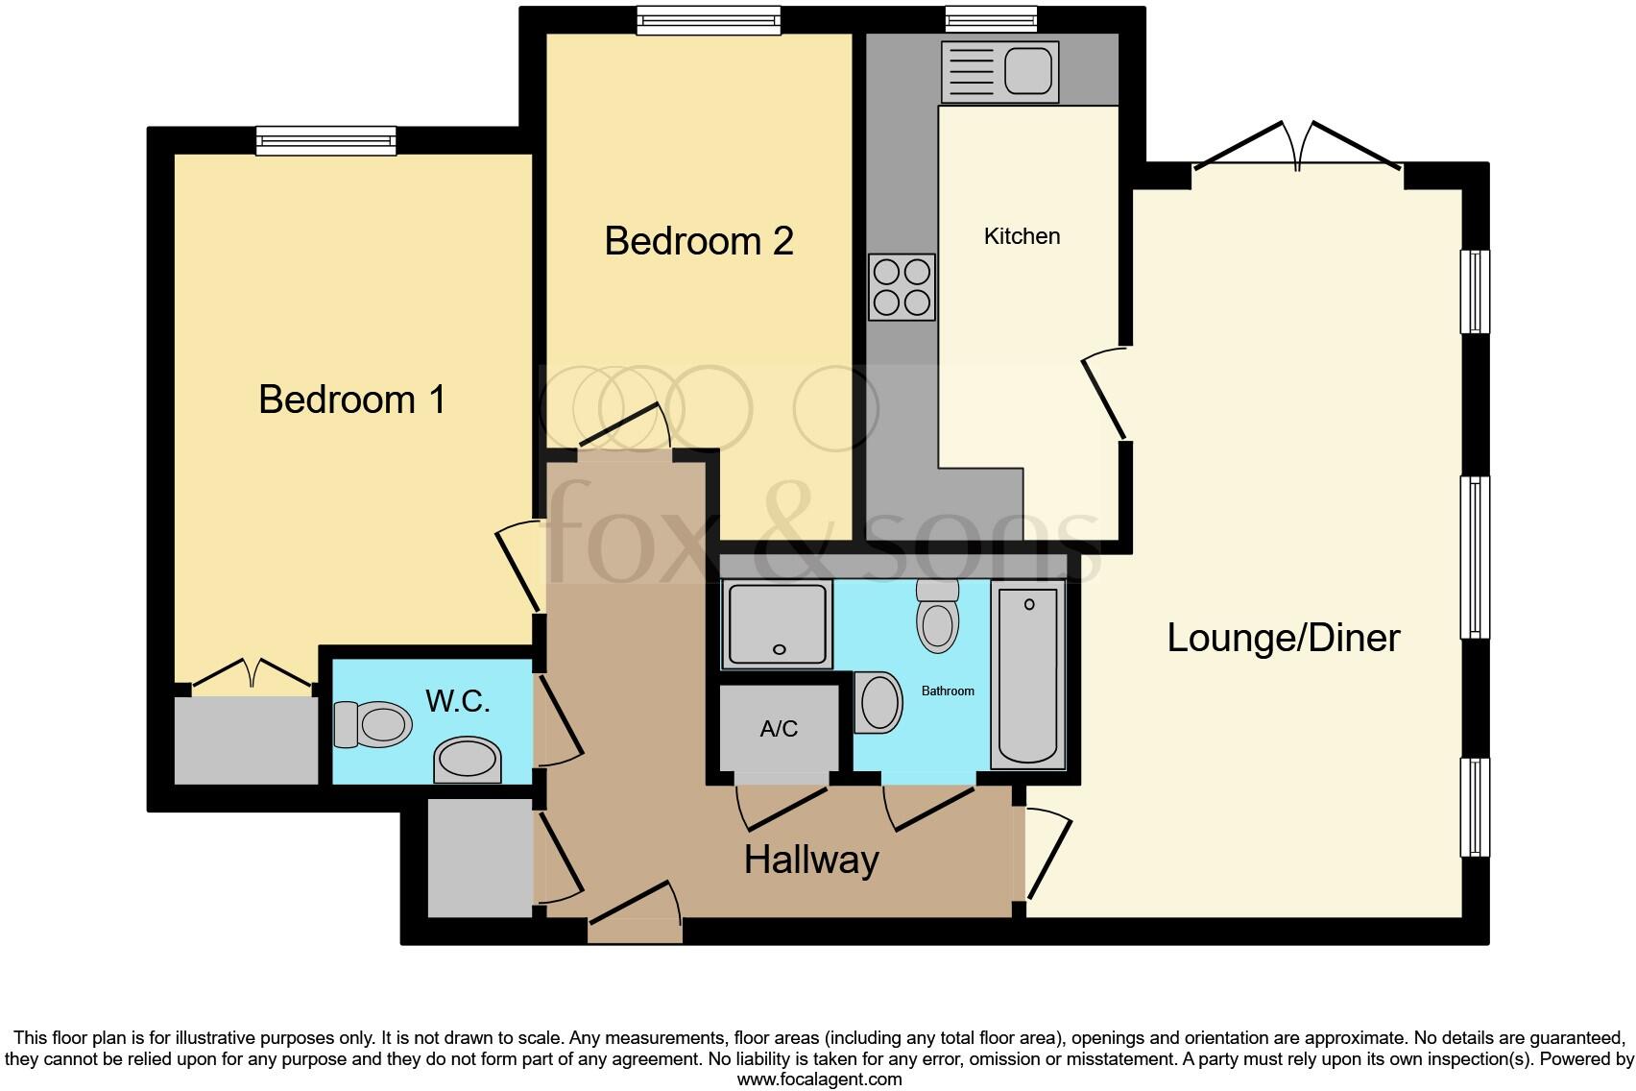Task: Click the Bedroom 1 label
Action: [352, 400]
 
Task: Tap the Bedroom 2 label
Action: [699, 241]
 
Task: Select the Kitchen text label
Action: [1022, 236]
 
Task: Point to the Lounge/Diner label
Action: [1283, 639]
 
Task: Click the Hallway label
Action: [811, 860]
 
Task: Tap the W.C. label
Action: [458, 702]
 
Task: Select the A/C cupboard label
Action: [779, 729]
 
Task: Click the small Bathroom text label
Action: [948, 691]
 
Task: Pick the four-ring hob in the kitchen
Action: [902, 287]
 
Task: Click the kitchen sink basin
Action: [1029, 71]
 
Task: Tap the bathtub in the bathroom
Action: [1028, 676]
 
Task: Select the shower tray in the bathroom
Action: [778, 625]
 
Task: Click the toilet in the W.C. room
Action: [373, 724]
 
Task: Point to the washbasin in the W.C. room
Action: [469, 760]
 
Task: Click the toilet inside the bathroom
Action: [938, 618]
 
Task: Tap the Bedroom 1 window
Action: [325, 141]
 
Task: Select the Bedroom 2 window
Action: [709, 20]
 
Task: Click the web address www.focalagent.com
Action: [819, 1079]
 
